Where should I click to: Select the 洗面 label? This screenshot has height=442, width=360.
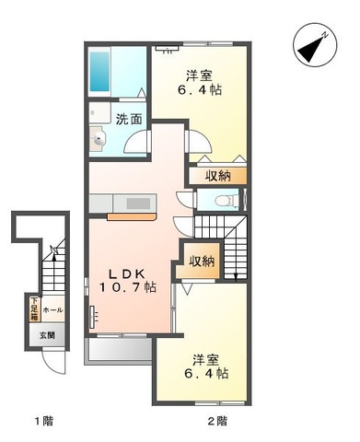(x=129, y=118)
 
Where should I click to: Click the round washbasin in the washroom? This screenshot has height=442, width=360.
(x=100, y=140)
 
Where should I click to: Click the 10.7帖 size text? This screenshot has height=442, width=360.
(x=128, y=288)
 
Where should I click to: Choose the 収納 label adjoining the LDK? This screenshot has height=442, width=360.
(x=202, y=261)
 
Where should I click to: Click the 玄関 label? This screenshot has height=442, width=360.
(x=47, y=335)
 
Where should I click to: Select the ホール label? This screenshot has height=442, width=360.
(x=52, y=310)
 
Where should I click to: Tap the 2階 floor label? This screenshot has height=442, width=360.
(x=218, y=421)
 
